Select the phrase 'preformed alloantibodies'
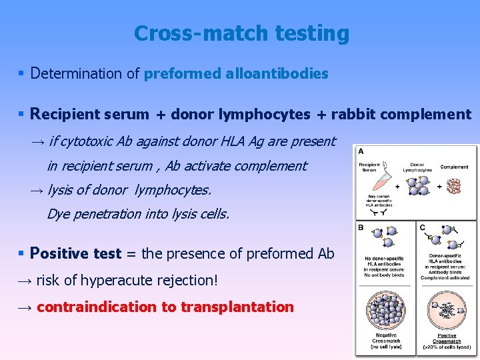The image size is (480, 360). tap(236, 73)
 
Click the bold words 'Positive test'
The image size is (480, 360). tap(75, 253)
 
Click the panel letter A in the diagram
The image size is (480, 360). tap(361, 151)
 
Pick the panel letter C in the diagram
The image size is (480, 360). tap(422, 227)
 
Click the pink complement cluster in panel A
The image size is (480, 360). tap(456, 185)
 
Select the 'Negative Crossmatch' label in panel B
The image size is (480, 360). tap(386, 338)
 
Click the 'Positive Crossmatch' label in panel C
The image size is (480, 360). tap(447, 338)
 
